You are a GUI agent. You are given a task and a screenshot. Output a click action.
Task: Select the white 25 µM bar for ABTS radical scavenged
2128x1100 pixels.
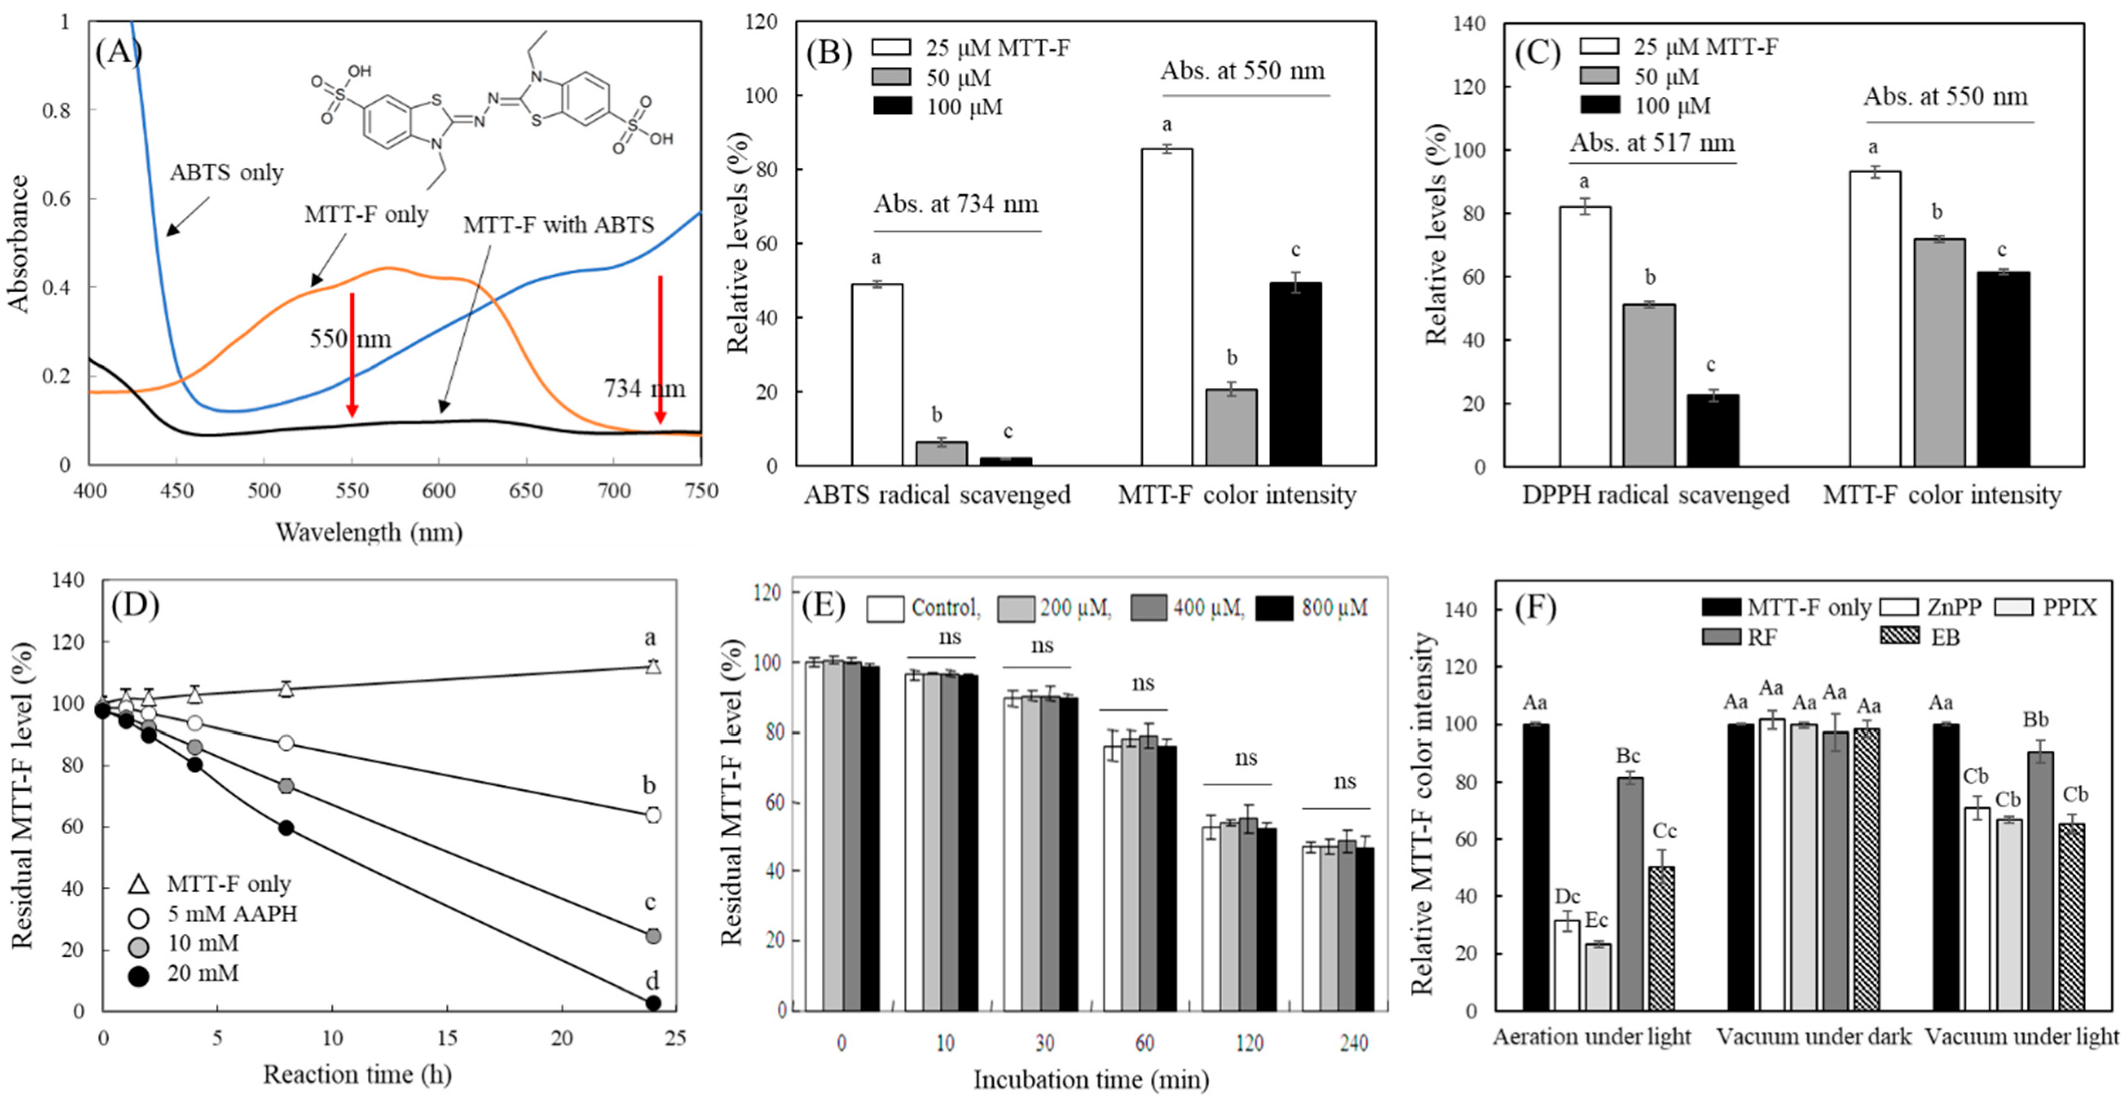[x=877, y=375]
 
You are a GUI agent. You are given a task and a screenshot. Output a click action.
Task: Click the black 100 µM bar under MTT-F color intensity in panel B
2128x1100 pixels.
[x=1295, y=374]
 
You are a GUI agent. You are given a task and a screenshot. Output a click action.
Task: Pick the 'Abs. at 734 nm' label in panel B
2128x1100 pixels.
[x=956, y=204]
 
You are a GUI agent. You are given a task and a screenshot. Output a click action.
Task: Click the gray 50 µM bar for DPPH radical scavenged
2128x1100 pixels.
[x=1649, y=385]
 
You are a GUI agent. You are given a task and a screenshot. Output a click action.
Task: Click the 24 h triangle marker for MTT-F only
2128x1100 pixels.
[x=653, y=666]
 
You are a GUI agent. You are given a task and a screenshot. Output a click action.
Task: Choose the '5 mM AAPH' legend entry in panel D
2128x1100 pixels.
[x=231, y=914]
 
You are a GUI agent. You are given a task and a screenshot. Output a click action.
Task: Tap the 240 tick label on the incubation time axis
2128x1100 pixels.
[x=1354, y=1044]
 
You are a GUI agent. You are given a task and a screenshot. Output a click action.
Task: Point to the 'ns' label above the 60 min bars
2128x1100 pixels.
[x=1142, y=683]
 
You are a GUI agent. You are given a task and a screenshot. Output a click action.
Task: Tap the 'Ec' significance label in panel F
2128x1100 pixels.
[x=1596, y=921]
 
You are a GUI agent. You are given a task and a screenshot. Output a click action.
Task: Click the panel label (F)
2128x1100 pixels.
[x=1534, y=609]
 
